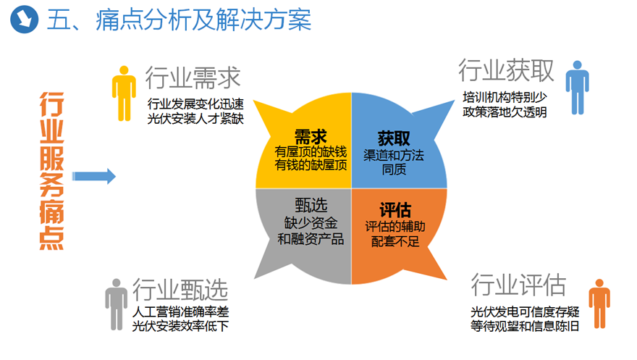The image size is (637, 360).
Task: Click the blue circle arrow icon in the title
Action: (x=24, y=19)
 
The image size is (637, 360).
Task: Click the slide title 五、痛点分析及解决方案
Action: (x=180, y=20)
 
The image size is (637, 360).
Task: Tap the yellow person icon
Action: (x=124, y=93)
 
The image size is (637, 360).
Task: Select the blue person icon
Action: (x=578, y=88)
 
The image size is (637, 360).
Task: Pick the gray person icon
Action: (x=117, y=304)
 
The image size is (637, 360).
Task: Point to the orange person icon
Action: (x=599, y=304)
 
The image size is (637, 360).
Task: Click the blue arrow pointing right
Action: (x=94, y=176)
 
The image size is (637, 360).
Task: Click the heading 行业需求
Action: (x=193, y=78)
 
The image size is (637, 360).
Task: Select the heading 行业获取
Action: (x=506, y=70)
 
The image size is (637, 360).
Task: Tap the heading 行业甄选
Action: (x=180, y=289)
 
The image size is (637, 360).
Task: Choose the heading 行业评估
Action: (x=518, y=285)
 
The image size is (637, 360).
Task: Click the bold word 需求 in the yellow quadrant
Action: (x=311, y=137)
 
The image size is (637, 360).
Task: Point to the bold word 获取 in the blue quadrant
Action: (x=394, y=138)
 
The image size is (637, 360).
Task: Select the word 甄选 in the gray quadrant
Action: (x=311, y=206)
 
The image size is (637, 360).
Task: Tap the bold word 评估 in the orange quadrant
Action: (x=395, y=210)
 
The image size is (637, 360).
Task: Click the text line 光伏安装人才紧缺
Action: (x=195, y=119)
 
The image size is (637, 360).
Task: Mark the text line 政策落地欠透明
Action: (x=505, y=112)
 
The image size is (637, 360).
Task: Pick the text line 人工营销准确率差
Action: (x=180, y=311)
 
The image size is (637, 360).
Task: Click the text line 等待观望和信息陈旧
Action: (x=525, y=326)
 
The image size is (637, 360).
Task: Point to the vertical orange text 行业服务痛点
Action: (x=51, y=171)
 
